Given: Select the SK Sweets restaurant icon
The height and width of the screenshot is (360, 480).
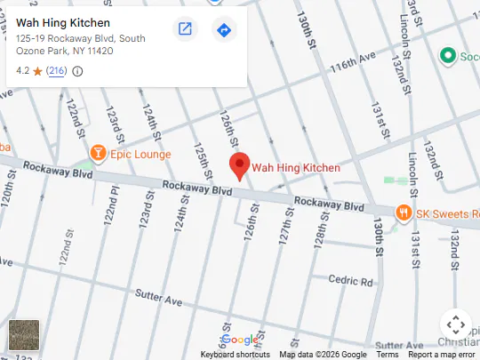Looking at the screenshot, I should [x=404, y=212].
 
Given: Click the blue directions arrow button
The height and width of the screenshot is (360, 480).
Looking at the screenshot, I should [x=224, y=29].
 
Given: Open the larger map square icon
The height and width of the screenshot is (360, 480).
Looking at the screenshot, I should [x=185, y=29].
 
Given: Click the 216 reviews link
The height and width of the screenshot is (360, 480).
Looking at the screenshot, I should [x=56, y=71].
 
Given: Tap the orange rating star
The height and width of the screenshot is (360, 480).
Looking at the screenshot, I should [x=37, y=71].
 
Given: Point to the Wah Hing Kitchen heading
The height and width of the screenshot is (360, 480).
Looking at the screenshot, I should [x=63, y=22].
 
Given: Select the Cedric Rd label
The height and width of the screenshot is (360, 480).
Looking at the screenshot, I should [x=350, y=281].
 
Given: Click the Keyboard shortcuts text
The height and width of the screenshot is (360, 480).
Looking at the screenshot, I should [x=235, y=355].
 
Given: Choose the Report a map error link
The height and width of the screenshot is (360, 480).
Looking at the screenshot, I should [x=442, y=355].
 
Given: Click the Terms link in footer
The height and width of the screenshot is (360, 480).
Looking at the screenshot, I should [x=388, y=355].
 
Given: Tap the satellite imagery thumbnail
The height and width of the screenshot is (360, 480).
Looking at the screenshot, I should [x=24, y=336].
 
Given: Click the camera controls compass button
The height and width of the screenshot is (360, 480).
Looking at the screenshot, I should [x=454, y=324].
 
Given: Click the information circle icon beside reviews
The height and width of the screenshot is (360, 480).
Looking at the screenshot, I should [x=77, y=71].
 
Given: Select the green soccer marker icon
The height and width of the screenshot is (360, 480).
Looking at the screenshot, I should [x=449, y=56].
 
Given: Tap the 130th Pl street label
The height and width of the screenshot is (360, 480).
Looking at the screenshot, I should [x=379, y=239].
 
